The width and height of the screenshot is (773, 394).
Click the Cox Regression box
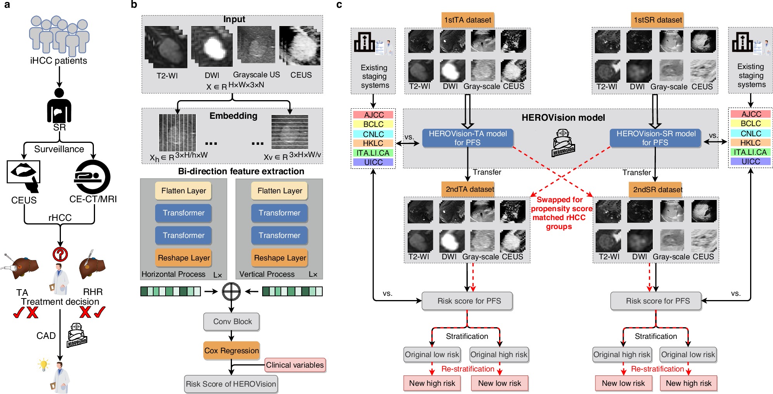click(x=231, y=351)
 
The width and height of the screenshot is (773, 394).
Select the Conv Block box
click(x=232, y=321)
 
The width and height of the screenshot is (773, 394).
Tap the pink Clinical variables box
click(x=295, y=365)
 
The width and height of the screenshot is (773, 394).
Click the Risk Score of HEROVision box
click(x=231, y=384)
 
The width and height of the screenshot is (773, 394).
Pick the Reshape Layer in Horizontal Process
click(x=183, y=258)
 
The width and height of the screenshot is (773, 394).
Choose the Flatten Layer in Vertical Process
click(x=279, y=191)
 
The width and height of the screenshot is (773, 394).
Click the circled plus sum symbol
click(x=231, y=292)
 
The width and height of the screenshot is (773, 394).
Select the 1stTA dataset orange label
click(x=467, y=20)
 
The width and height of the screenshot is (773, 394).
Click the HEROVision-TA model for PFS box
click(x=467, y=138)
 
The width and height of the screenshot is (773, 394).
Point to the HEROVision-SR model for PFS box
click(x=655, y=138)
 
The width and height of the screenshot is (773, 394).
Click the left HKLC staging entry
click(x=373, y=143)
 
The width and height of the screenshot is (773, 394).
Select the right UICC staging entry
click(x=751, y=161)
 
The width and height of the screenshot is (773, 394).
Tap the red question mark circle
click(x=60, y=254)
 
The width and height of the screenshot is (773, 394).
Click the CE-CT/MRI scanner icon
click(x=92, y=177)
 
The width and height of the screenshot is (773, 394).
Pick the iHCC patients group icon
click(x=59, y=35)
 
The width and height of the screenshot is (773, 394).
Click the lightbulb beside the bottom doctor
click(x=43, y=364)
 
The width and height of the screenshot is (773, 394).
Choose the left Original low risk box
click(x=432, y=354)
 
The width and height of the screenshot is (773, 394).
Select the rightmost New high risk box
click(x=688, y=383)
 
